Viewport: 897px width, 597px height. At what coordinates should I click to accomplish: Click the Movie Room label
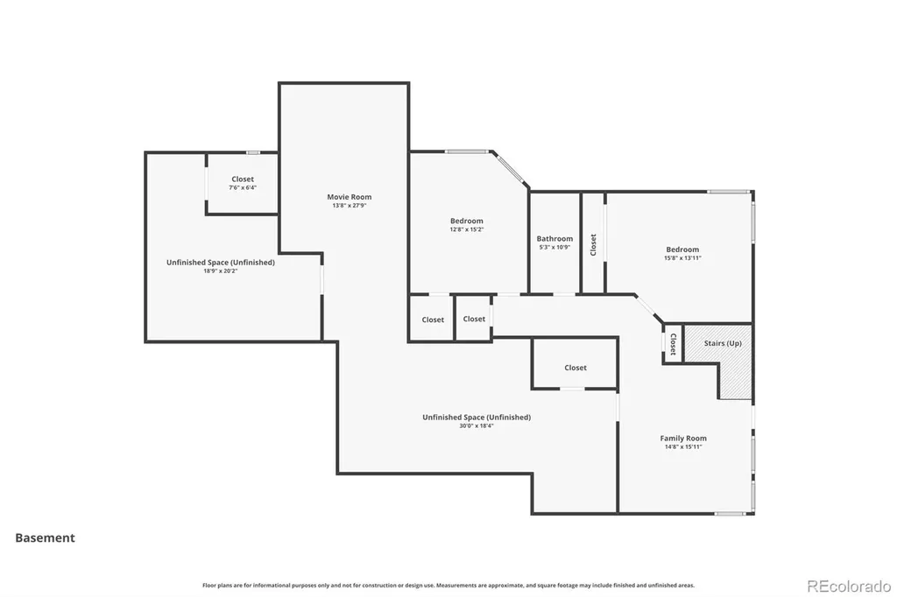(x=349, y=197)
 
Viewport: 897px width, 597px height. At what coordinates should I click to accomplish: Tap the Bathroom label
(x=554, y=238)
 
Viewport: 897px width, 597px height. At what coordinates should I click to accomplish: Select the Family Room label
(x=683, y=438)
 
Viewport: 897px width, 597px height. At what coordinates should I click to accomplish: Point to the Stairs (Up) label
(x=723, y=343)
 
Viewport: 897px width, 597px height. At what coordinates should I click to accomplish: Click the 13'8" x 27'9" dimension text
(x=349, y=206)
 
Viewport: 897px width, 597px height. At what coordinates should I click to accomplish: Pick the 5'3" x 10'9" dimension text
(x=554, y=247)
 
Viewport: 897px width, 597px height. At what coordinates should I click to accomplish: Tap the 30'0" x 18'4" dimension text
(x=476, y=425)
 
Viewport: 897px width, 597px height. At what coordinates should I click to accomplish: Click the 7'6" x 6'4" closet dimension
(x=243, y=187)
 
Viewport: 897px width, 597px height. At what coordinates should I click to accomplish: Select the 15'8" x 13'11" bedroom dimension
(x=682, y=258)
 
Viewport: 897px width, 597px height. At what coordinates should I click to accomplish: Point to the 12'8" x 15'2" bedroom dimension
(x=466, y=229)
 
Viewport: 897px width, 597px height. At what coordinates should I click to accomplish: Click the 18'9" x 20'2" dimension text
(x=220, y=271)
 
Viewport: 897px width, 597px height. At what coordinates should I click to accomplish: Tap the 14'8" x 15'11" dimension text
(x=683, y=446)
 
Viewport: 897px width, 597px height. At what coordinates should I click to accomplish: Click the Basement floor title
(x=46, y=537)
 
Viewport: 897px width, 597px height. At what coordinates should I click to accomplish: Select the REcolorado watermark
(x=849, y=586)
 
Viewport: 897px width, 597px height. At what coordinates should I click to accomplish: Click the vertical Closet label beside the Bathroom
(x=593, y=245)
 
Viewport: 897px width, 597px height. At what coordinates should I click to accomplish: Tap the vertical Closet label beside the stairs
(x=673, y=344)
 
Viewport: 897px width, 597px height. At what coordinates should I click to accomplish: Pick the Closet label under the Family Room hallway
(x=575, y=368)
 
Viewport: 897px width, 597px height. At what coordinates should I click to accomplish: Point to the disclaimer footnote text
(x=448, y=585)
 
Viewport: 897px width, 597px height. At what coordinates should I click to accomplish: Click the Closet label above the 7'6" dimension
(x=243, y=179)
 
